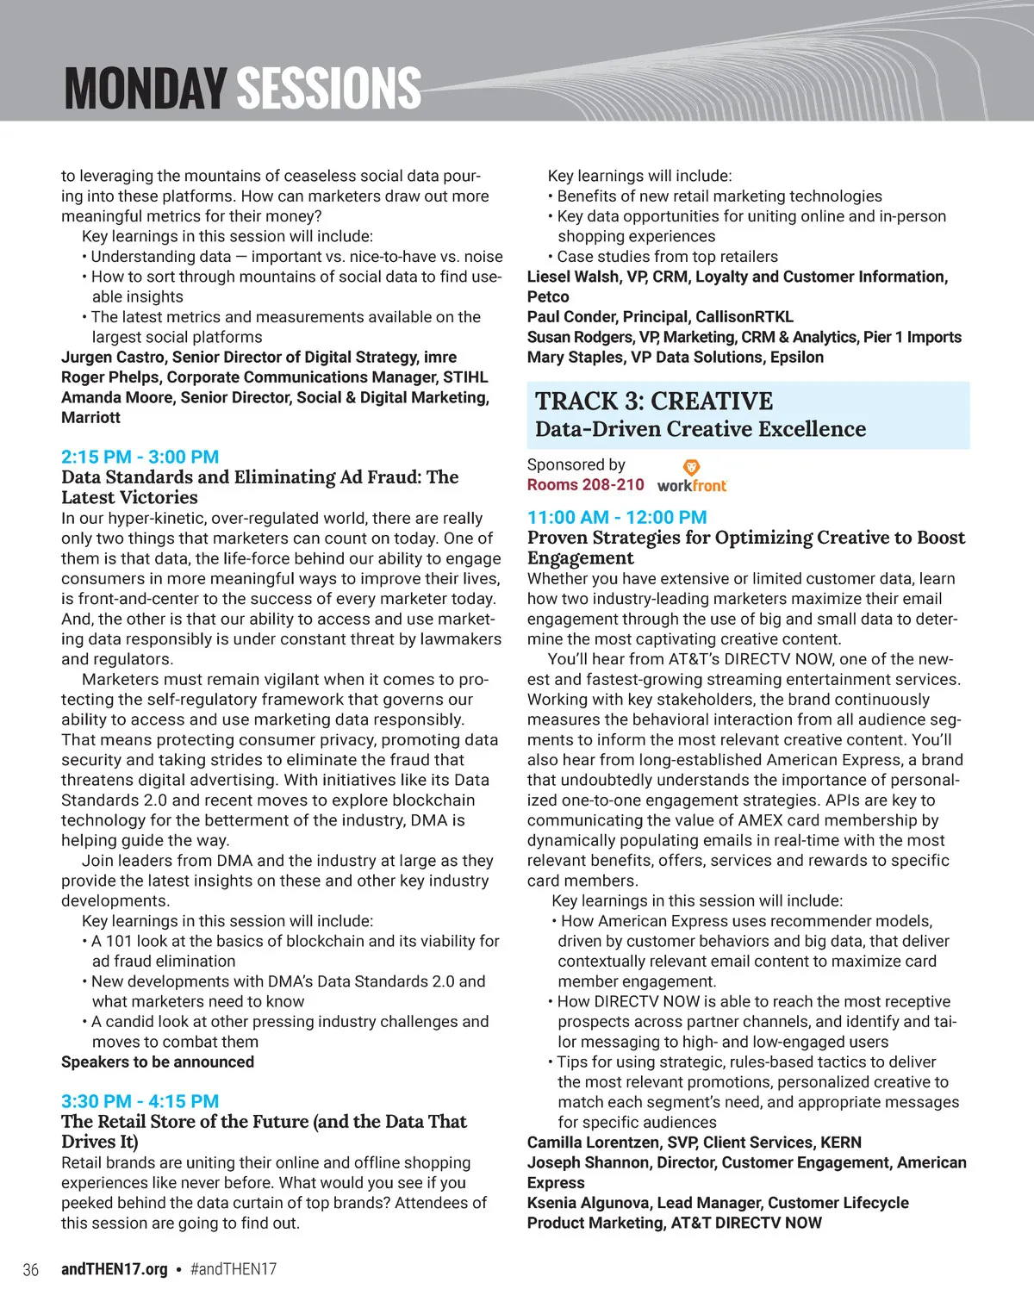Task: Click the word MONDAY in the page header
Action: [x=144, y=88]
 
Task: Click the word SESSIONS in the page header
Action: [x=328, y=88]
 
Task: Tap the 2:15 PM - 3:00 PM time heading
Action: [x=140, y=457]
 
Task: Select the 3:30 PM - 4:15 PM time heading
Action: [x=140, y=1101]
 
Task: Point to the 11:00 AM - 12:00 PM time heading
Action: [x=617, y=517]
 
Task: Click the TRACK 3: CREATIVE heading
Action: [x=654, y=401]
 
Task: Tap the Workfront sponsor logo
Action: [x=692, y=476]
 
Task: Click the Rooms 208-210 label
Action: [x=585, y=485]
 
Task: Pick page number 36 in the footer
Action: [x=30, y=1269]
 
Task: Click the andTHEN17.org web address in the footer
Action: [x=115, y=1269]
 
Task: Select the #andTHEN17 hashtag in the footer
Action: [x=233, y=1269]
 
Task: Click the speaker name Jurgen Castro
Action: [x=113, y=357]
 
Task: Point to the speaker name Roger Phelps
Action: [x=109, y=377]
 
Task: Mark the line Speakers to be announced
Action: [x=158, y=1062]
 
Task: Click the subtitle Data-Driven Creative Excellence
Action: [x=701, y=428]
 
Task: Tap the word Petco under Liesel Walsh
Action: [x=548, y=296]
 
